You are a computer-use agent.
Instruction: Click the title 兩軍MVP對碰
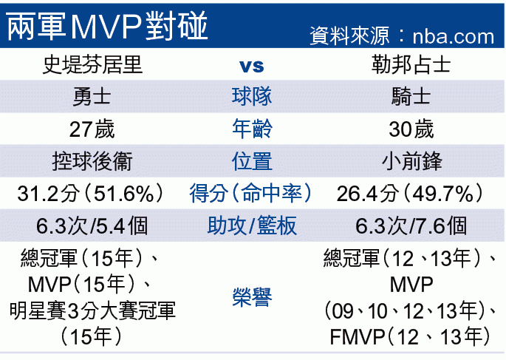(x=107, y=26)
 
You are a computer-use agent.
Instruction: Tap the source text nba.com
(x=453, y=36)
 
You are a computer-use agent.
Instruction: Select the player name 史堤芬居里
(x=92, y=65)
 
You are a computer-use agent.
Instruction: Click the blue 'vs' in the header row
(x=252, y=66)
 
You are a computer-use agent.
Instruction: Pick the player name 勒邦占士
(x=411, y=65)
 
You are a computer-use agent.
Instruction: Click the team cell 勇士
(x=92, y=97)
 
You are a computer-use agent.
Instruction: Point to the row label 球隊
(x=252, y=97)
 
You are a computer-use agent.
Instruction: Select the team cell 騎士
(x=411, y=97)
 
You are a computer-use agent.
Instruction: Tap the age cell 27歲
(x=92, y=129)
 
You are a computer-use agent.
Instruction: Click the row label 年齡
(x=252, y=129)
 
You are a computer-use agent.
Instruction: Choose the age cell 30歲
(x=411, y=129)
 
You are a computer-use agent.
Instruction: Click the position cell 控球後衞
(x=92, y=161)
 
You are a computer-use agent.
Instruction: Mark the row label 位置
(x=252, y=161)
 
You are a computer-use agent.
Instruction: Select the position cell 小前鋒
(x=411, y=161)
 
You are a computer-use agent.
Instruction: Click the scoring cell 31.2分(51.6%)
(x=92, y=194)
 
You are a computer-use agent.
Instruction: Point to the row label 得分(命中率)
(x=252, y=194)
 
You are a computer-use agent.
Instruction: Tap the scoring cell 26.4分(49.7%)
(x=411, y=194)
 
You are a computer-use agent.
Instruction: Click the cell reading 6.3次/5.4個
(x=92, y=225)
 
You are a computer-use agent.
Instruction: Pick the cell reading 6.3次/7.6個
(x=411, y=225)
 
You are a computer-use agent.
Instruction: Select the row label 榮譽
(x=252, y=296)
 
